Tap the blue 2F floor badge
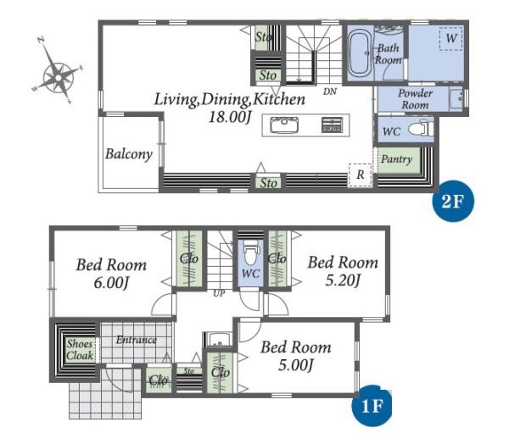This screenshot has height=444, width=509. (453, 201)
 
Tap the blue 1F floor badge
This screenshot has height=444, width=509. (372, 405)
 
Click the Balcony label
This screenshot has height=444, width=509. (129, 154)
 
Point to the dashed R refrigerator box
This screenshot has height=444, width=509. (360, 175)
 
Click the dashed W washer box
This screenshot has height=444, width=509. (451, 39)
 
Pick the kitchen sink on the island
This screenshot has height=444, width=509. (284, 125)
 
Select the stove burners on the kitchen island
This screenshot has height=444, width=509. (332, 125)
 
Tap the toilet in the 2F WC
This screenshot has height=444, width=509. (421, 129)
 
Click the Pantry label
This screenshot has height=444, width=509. (396, 159)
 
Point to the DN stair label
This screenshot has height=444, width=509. (330, 92)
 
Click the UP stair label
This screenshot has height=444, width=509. (219, 293)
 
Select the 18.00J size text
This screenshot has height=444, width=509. (230, 117)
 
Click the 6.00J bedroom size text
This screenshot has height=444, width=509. (111, 283)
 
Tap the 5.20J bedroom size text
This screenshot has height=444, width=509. (343, 280)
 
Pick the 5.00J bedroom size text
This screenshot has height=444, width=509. (296, 365)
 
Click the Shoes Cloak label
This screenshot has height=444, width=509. (80, 350)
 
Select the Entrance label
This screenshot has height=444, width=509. (137, 340)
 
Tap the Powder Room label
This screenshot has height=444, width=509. (415, 99)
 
